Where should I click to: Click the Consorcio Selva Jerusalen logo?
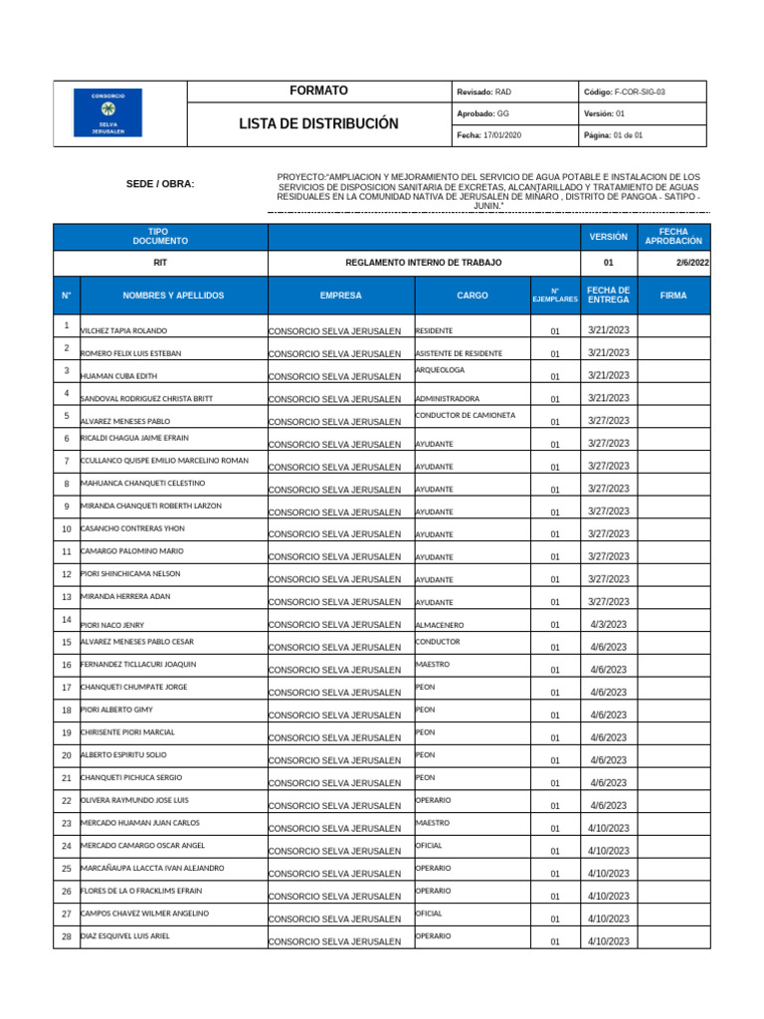coord(108,111)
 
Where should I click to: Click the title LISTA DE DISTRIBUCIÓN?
coord(318,124)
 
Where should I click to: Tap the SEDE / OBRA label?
coord(160,184)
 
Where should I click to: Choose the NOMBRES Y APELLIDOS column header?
coord(173,296)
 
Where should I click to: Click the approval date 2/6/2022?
coord(690,263)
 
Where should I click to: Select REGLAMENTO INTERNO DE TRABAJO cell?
coord(423,263)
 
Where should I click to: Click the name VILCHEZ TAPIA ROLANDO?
coord(123,330)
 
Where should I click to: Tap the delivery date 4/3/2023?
coord(608,624)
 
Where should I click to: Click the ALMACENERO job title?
coord(440,625)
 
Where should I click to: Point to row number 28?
coord(66,937)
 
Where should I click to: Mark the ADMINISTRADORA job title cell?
coord(447,398)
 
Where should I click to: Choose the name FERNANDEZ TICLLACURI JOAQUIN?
coord(138,664)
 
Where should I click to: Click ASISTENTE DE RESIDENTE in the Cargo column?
coord(459,353)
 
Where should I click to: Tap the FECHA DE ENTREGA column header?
coord(608,296)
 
